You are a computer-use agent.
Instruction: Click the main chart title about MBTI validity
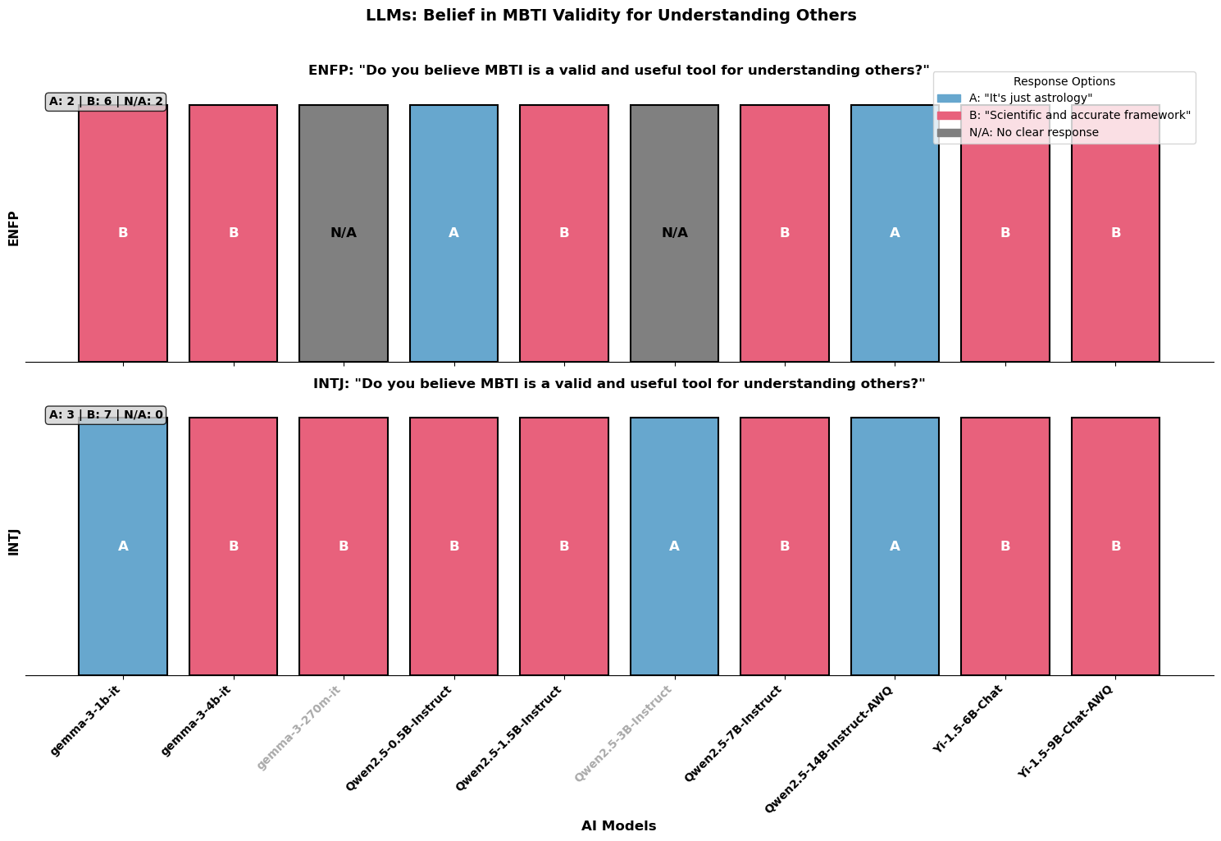(610, 15)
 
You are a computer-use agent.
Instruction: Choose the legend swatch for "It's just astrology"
(948, 98)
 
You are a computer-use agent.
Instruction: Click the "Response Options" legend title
(1064, 82)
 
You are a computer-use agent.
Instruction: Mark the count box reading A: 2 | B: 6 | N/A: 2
(106, 102)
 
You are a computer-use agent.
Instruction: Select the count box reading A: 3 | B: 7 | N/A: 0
(106, 415)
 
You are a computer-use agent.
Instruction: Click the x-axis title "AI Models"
(618, 826)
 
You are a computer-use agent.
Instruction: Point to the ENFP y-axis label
(13, 228)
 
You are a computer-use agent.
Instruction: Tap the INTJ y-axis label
(13, 542)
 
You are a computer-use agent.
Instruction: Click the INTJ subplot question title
(618, 384)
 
